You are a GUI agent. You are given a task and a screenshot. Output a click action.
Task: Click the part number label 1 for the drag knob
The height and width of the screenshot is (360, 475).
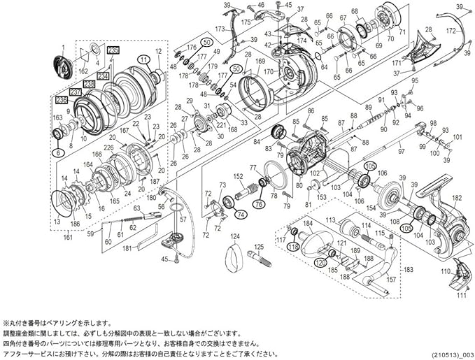click(x=62, y=47)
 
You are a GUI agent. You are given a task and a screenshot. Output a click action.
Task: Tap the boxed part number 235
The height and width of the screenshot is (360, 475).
click(x=113, y=49)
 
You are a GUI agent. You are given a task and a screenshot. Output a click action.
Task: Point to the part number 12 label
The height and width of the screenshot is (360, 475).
click(x=159, y=52)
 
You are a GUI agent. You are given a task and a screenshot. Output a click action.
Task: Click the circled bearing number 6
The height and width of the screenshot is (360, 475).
click(x=59, y=152)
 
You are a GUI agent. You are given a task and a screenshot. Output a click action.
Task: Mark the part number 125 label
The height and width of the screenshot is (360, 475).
click(x=257, y=246)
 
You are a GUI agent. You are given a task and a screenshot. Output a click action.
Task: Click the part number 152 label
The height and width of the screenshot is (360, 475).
click(x=238, y=176)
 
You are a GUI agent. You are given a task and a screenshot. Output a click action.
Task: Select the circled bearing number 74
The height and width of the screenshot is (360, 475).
click(x=240, y=214)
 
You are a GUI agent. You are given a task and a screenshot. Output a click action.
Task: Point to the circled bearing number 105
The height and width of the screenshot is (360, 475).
click(x=370, y=166)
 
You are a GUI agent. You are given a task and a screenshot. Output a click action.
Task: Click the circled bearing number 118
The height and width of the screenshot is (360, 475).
click(x=292, y=246)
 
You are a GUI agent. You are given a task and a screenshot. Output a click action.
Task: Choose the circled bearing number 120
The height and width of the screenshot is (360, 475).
click(x=319, y=262)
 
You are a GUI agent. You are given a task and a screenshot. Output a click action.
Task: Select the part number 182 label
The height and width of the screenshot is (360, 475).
click(x=458, y=200)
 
